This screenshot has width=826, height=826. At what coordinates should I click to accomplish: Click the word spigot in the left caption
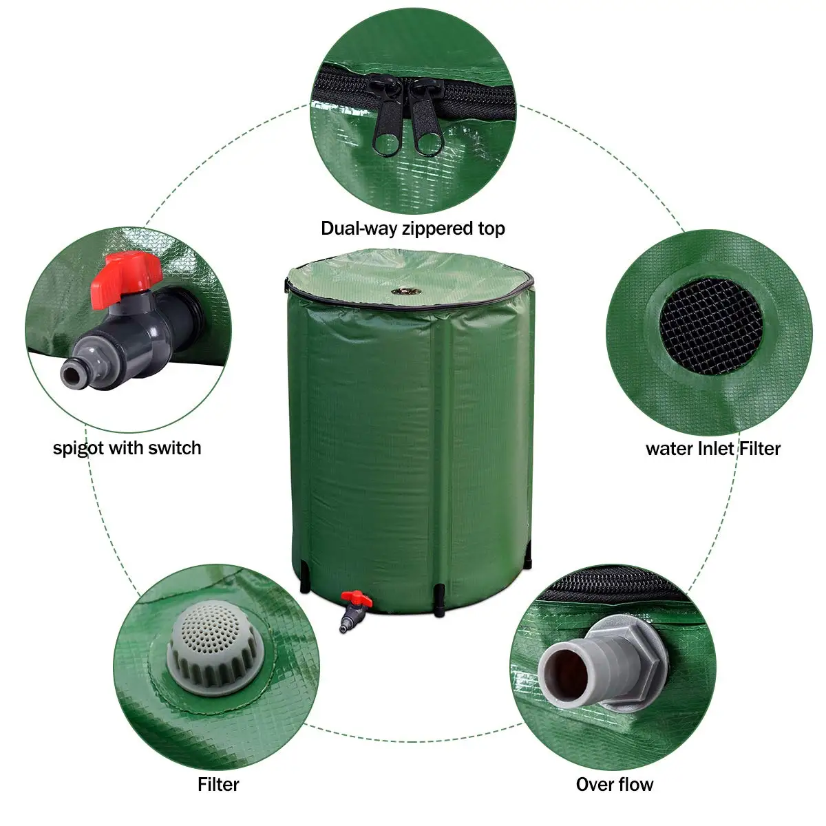[78, 449]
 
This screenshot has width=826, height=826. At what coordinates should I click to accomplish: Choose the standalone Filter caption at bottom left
[218, 784]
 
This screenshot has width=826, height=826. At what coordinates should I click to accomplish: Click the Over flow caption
[614, 784]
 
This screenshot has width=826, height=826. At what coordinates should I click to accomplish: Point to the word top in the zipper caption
[491, 229]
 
